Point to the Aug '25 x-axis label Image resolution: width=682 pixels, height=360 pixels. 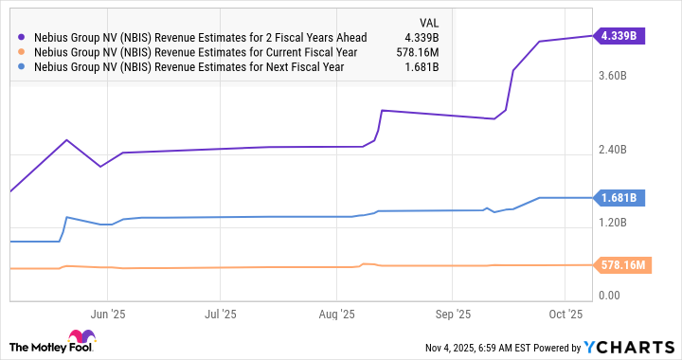point(336,313)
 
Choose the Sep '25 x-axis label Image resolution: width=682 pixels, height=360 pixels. point(454,313)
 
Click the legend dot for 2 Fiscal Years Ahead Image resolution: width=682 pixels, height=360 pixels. point(22,38)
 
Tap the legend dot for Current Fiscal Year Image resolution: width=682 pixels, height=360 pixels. point(22,52)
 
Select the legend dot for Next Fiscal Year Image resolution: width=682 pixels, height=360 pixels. point(22,67)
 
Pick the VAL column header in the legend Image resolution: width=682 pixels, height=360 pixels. point(428,23)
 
